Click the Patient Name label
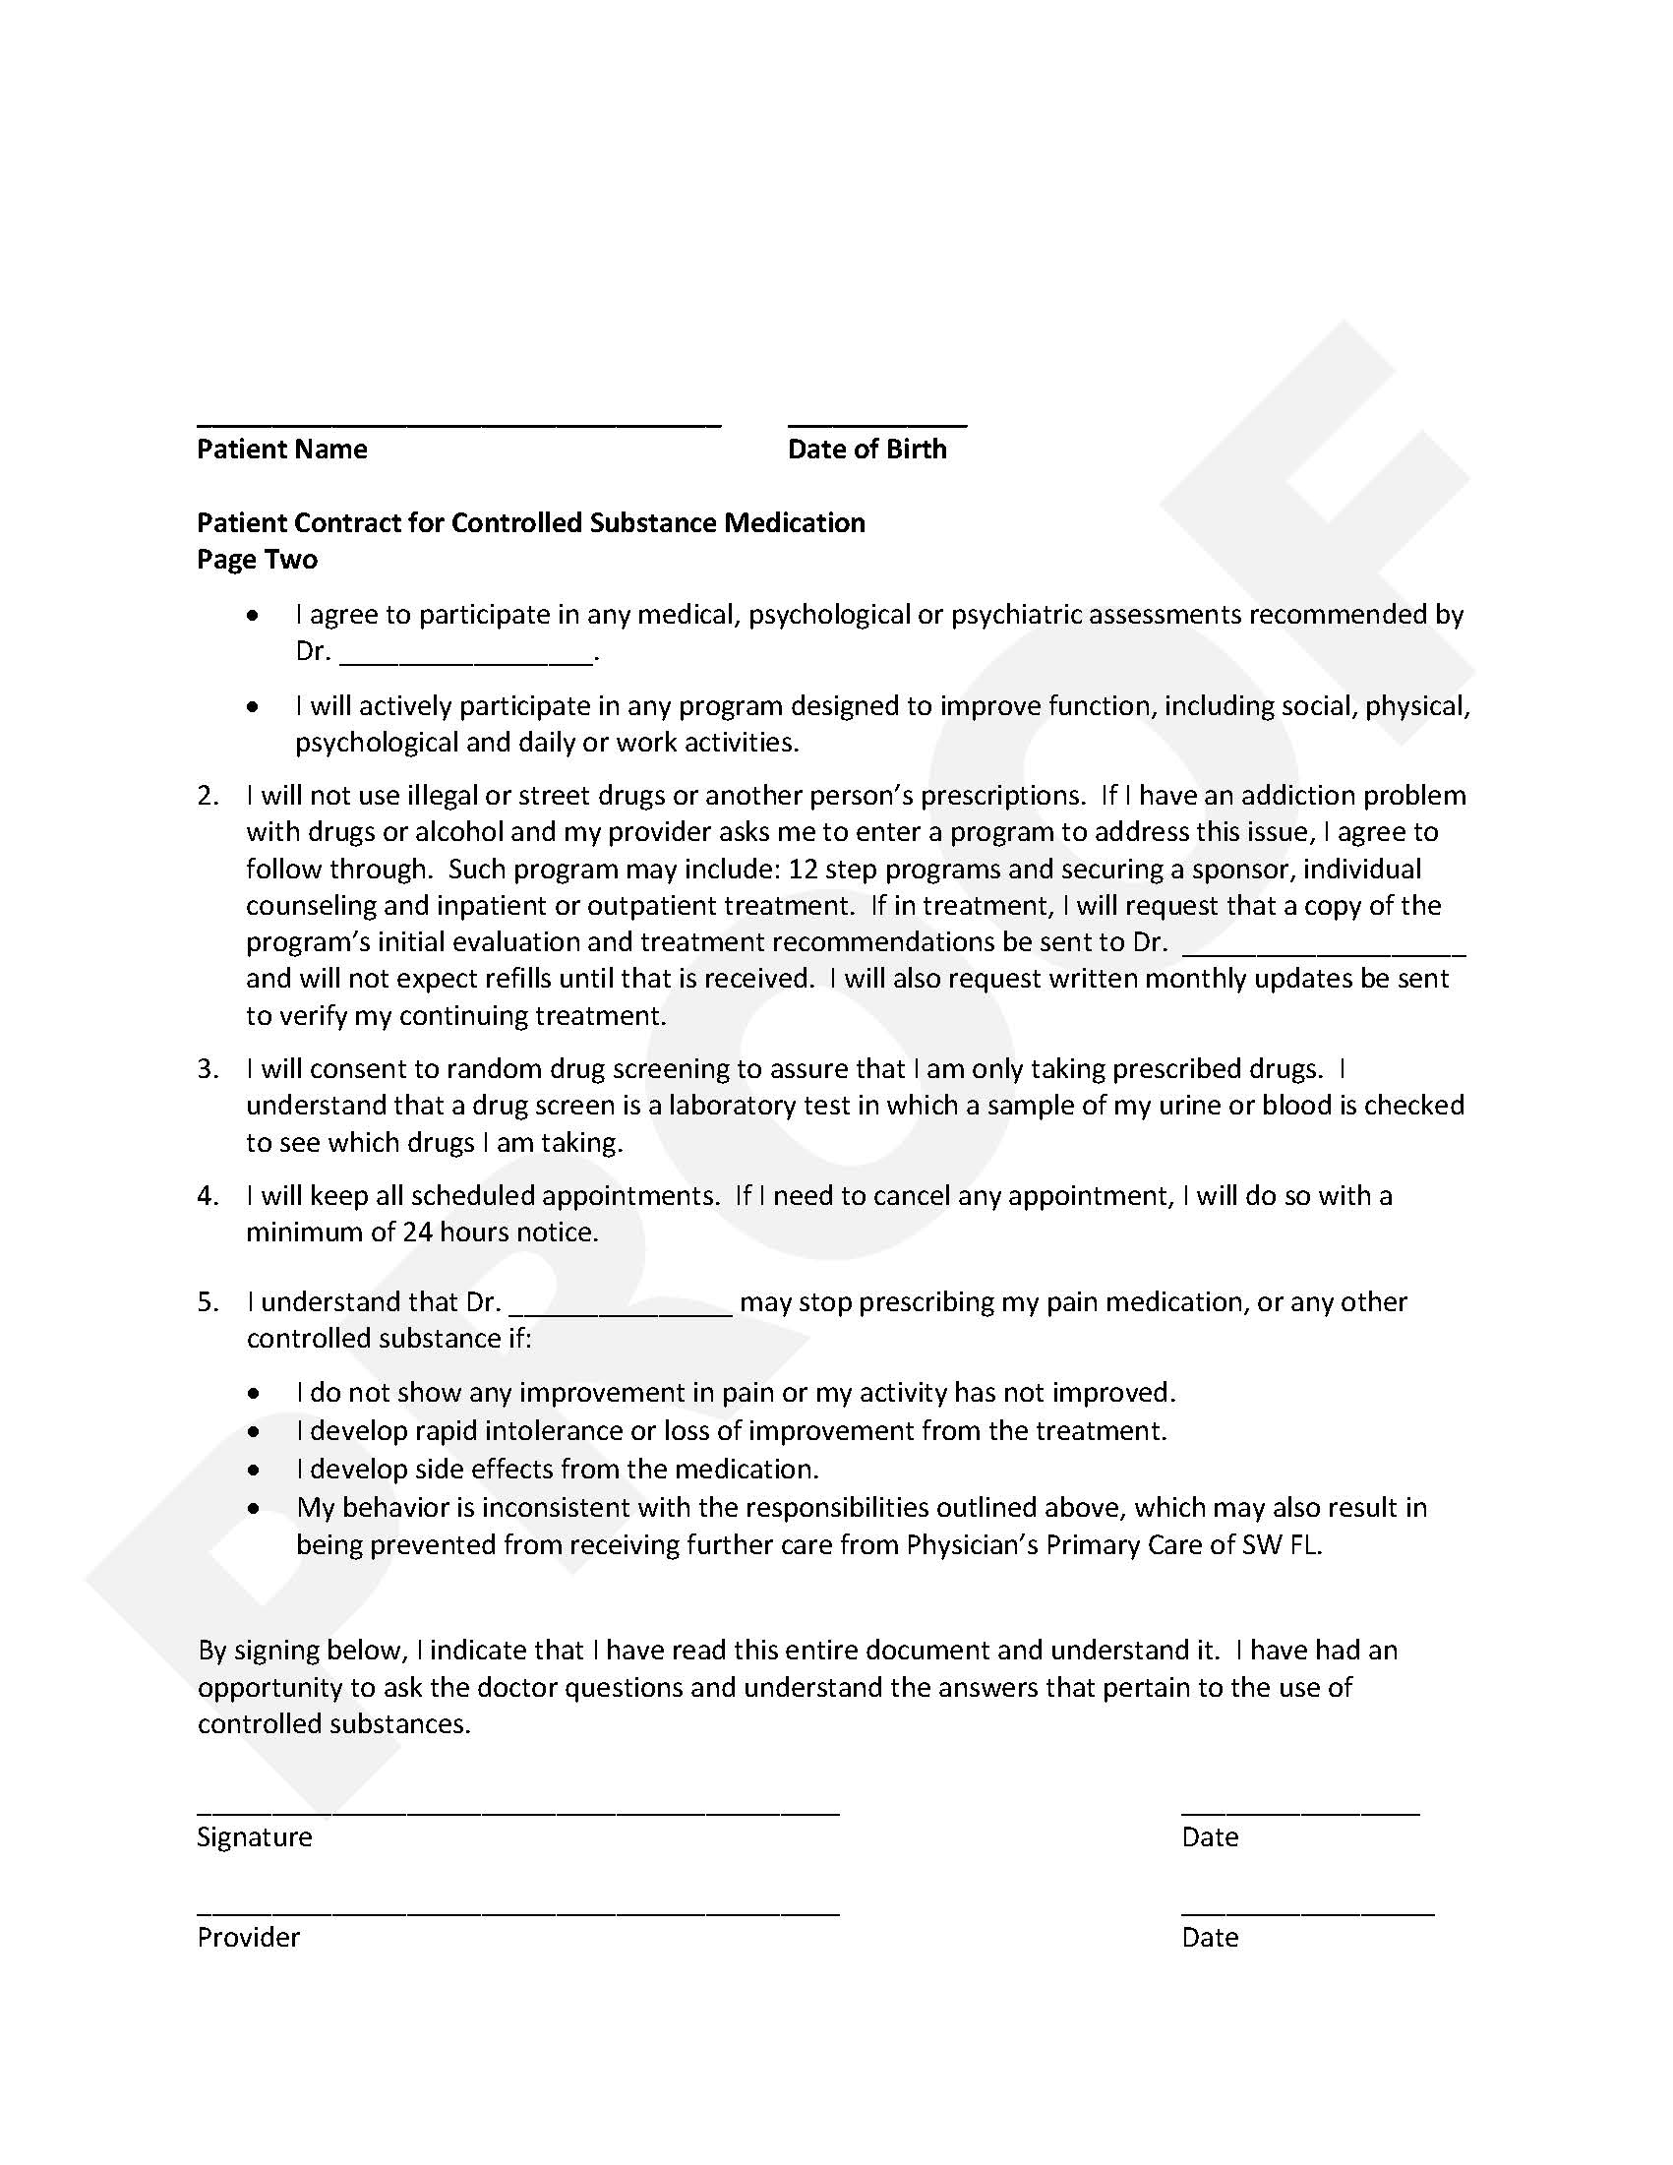[281, 450]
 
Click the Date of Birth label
[866, 450]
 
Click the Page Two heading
[257, 559]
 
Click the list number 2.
[208, 796]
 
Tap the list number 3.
[208, 1068]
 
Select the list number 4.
[208, 1195]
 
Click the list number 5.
[208, 1301]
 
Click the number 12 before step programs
[802, 870]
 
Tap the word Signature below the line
[255, 1836]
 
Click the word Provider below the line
[248, 1937]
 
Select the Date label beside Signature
[1209, 1836]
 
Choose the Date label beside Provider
[1209, 1937]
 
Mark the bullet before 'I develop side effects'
[255, 1471]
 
